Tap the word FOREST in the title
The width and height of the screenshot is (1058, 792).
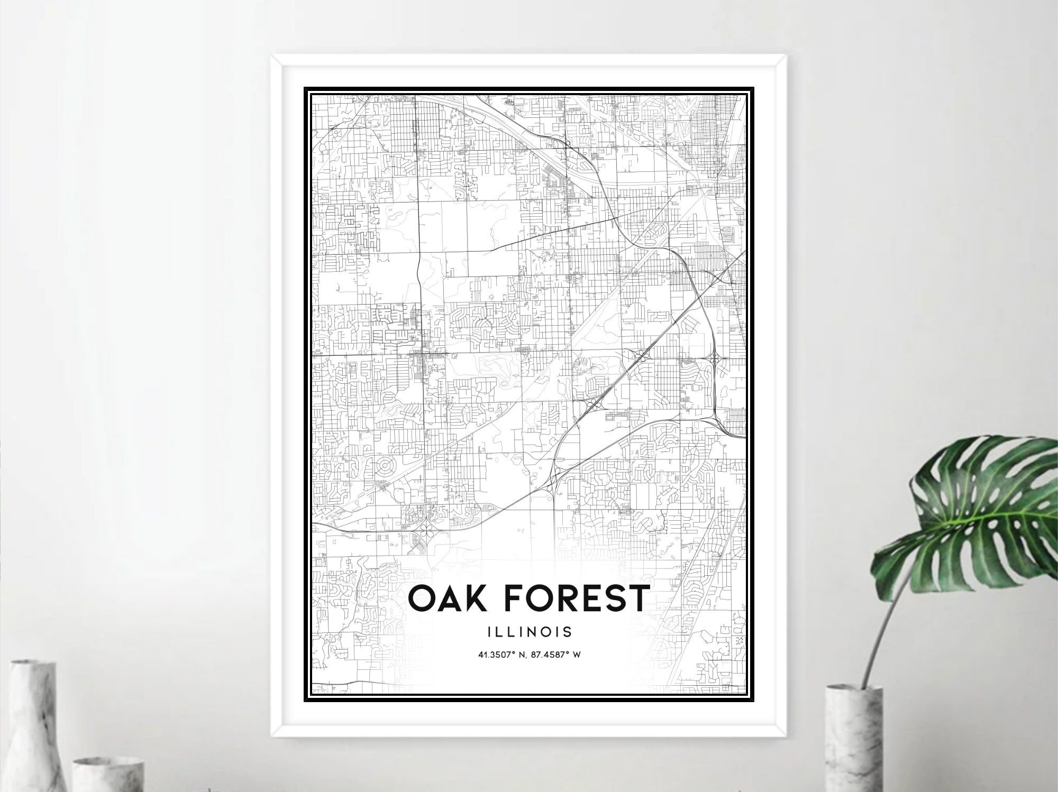click(575, 598)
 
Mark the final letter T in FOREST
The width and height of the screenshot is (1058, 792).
click(636, 598)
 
